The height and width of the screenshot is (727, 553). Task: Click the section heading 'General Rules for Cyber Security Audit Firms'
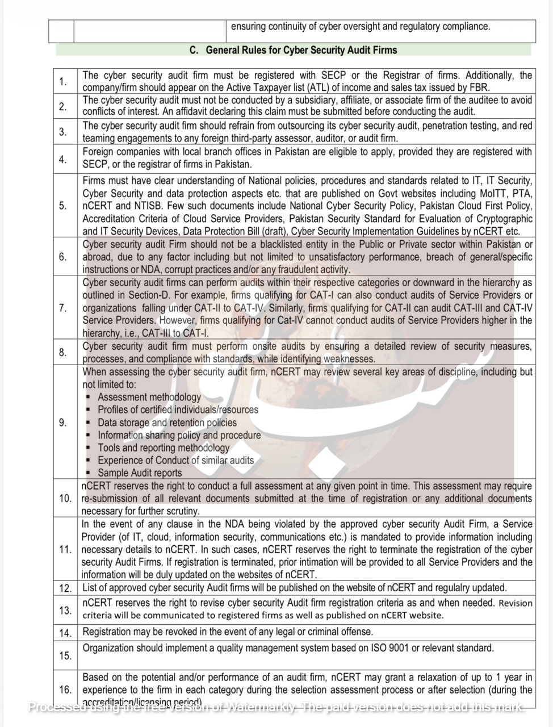coord(301,50)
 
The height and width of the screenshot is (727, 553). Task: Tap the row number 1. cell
coord(63,82)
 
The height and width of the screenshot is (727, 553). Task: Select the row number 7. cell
coord(63,308)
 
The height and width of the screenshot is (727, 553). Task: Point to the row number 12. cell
coord(65,588)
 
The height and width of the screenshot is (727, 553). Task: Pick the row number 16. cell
coord(65,690)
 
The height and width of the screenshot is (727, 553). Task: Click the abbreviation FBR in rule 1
coord(480,87)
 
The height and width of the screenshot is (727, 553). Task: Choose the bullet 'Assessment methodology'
coord(149,397)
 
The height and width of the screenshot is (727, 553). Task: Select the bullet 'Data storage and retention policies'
coord(167,423)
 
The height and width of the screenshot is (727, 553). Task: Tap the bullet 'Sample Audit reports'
coord(140,473)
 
